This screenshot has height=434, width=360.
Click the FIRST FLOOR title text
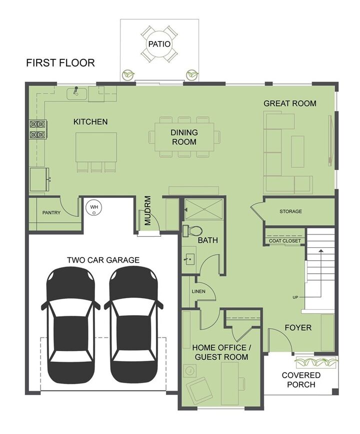point(60,63)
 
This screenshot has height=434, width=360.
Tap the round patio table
point(159,44)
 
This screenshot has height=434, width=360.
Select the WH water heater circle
point(93,207)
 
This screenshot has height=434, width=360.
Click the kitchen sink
point(77,93)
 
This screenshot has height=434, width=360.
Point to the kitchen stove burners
point(38,129)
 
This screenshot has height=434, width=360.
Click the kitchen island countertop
point(96,147)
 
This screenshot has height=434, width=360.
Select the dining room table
point(184,137)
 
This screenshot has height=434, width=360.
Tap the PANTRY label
point(51,213)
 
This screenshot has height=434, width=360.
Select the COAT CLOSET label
point(285,241)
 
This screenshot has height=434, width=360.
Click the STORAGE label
point(290,211)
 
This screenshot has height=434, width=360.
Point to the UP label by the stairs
point(296,298)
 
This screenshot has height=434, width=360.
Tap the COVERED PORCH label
point(301,380)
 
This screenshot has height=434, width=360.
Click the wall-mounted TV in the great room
point(330,139)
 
